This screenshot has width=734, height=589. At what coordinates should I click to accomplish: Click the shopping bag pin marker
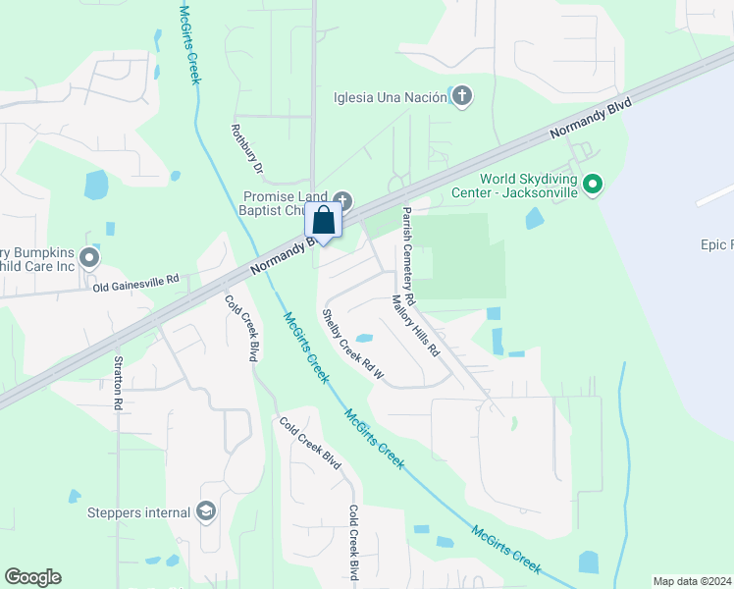click(325, 222)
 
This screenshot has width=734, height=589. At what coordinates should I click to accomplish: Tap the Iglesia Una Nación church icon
click(461, 96)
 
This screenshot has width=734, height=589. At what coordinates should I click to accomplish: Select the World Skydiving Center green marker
click(592, 185)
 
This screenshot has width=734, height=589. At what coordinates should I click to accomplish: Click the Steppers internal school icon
click(206, 511)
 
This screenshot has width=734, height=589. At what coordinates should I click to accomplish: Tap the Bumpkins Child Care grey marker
click(89, 258)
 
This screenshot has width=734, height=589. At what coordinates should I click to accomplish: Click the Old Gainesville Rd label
click(136, 283)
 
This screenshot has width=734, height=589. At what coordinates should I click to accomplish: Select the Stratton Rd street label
click(118, 381)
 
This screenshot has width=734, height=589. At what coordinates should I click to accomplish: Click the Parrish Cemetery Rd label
click(409, 254)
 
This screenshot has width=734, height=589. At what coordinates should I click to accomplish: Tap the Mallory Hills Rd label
click(415, 325)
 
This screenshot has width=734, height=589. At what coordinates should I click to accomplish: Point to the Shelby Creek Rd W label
click(350, 343)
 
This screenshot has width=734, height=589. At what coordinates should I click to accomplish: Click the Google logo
click(32, 577)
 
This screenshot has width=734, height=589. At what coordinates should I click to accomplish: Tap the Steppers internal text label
click(138, 512)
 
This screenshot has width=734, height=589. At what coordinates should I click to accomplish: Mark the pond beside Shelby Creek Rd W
click(363, 339)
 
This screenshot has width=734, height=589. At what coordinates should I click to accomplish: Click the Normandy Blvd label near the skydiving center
click(589, 121)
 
